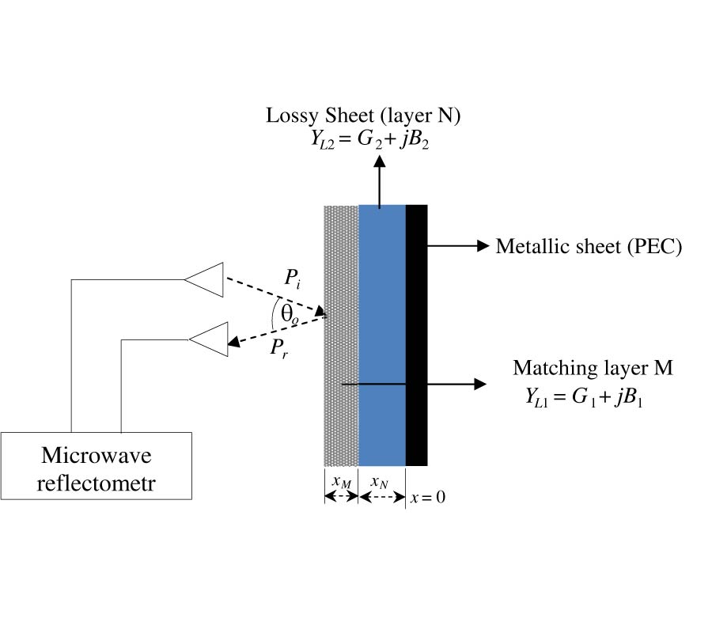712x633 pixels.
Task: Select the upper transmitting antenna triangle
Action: point(207,279)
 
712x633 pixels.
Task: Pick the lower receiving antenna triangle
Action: point(211,339)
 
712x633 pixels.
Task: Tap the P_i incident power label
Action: point(293,279)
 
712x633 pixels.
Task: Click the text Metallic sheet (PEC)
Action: point(589,246)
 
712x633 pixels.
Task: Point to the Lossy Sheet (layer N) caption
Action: point(363,116)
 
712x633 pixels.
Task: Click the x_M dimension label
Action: point(341,482)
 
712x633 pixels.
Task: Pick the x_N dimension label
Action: point(381,482)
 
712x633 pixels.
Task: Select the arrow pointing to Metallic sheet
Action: point(459,246)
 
